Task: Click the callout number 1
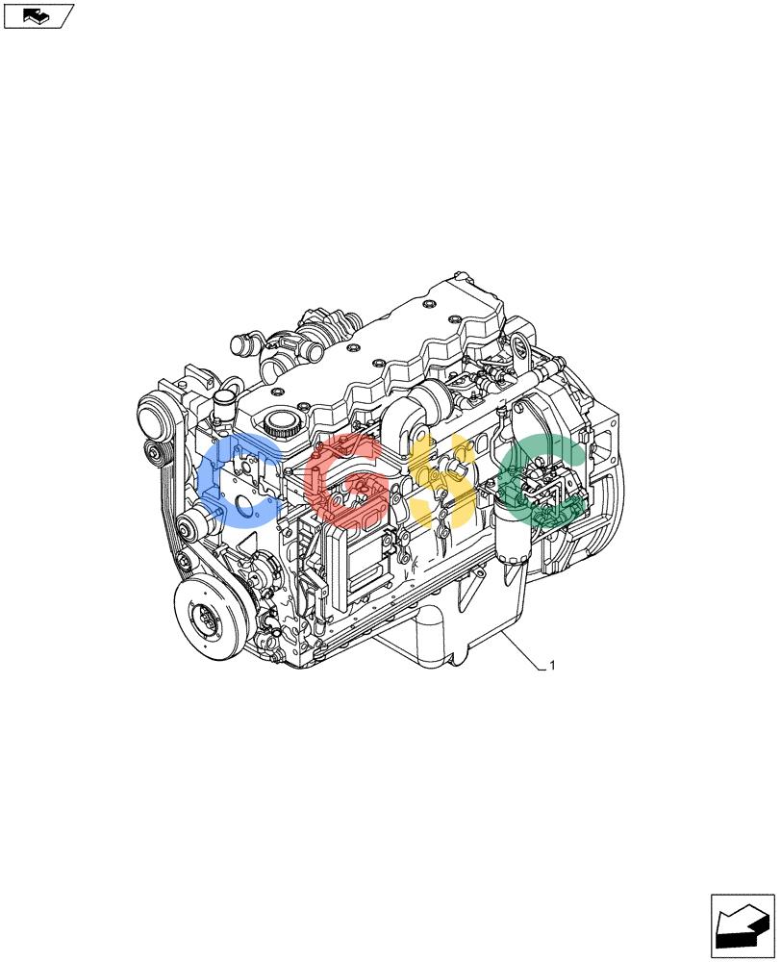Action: click(552, 666)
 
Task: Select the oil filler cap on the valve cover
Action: click(281, 423)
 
